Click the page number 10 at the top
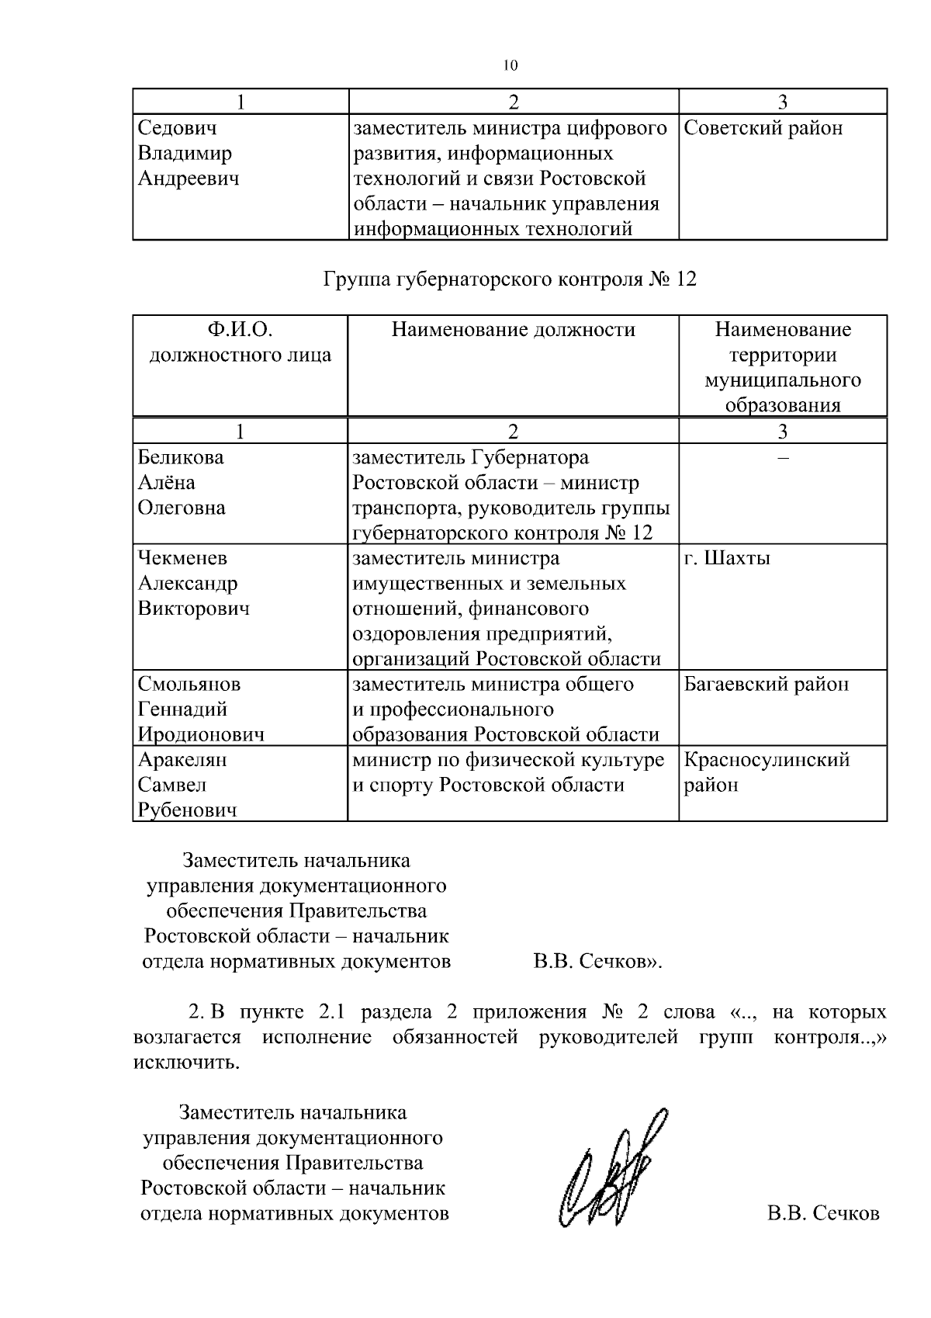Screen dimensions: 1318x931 pyautogui.click(x=510, y=66)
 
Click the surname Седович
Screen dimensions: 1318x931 pyautogui.click(x=177, y=128)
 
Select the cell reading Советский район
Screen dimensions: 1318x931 pyautogui.click(x=763, y=128)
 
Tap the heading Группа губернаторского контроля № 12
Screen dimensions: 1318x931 pyautogui.click(x=510, y=279)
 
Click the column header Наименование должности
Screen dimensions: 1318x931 pyautogui.click(x=513, y=330)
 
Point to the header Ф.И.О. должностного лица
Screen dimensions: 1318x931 pyautogui.click(x=240, y=342)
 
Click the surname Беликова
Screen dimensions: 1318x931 pyautogui.click(x=181, y=457)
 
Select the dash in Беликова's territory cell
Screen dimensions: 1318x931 pyautogui.click(x=783, y=458)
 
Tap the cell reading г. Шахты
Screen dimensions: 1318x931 pyautogui.click(x=727, y=558)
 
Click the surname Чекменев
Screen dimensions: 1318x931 pyautogui.click(x=182, y=558)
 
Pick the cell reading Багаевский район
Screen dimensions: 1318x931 pyautogui.click(x=766, y=684)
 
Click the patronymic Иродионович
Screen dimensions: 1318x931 pyautogui.click(x=201, y=734)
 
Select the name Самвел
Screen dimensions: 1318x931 pyautogui.click(x=172, y=785)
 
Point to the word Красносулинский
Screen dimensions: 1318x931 pyautogui.click(x=767, y=759)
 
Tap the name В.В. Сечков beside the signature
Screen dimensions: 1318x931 pyautogui.click(x=823, y=1213)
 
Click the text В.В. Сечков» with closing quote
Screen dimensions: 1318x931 pyautogui.click(x=597, y=962)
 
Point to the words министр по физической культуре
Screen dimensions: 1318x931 pyautogui.click(x=508, y=759)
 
